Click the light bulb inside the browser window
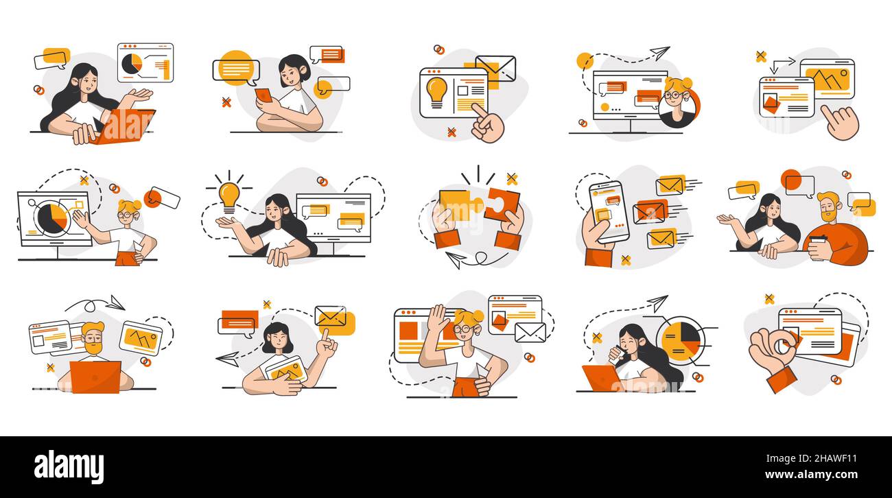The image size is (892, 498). (x=436, y=91)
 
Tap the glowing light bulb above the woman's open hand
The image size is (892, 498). (x=229, y=194)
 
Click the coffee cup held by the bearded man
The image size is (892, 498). (x=817, y=245)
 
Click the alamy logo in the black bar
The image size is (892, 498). (x=69, y=466)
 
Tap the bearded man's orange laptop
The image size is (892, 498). (x=95, y=377)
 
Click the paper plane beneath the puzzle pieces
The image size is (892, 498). (x=455, y=259)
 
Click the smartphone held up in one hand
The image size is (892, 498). (x=608, y=211)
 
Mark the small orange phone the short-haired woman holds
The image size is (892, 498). (x=263, y=95)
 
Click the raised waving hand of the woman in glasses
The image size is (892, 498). (x=437, y=319)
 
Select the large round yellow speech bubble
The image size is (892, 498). (x=236, y=69)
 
